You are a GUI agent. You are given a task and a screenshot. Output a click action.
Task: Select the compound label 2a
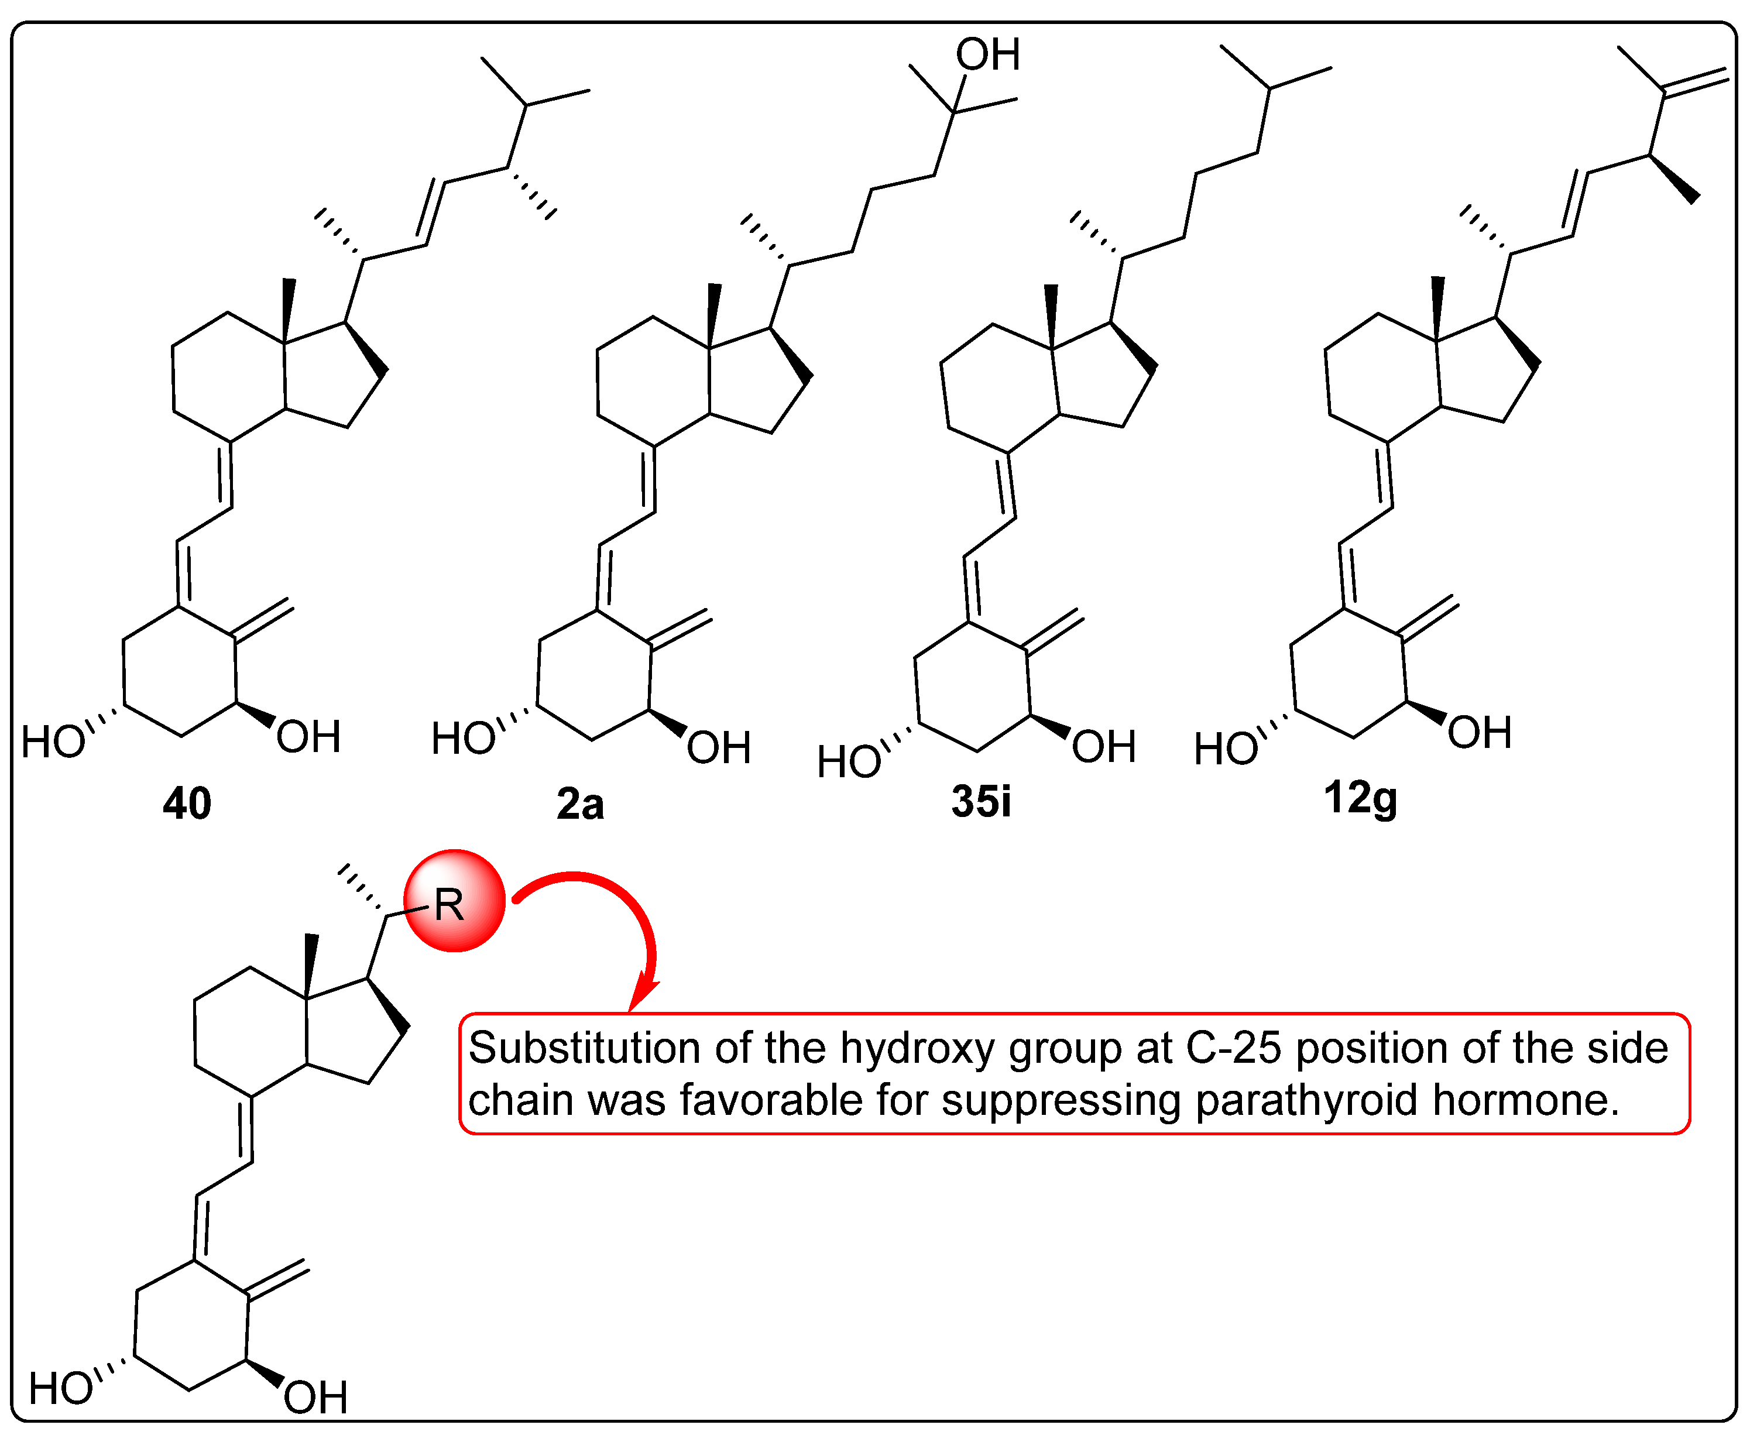[x=580, y=804]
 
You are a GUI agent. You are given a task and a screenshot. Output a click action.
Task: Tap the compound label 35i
[x=981, y=801]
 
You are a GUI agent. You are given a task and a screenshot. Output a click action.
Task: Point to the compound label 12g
[x=1360, y=798]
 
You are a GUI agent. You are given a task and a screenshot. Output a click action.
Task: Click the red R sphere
[x=454, y=901]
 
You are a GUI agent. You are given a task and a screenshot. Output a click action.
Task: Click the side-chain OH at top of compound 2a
[x=988, y=54]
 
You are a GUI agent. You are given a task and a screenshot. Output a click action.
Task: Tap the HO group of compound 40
[x=53, y=741]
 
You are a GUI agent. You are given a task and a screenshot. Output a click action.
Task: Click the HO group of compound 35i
[x=848, y=761]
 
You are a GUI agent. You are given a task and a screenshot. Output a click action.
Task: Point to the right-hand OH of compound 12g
[x=1480, y=732]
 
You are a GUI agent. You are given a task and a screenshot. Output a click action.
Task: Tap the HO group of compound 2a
[x=463, y=738]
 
